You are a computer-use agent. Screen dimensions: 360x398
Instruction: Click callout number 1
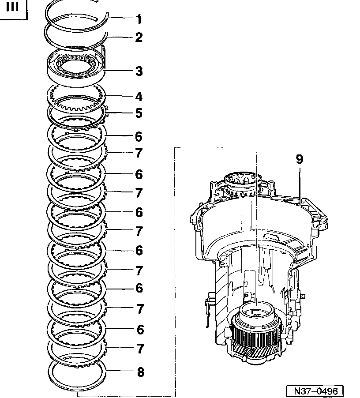coord(139,19)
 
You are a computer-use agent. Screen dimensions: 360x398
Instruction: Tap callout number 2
coord(139,38)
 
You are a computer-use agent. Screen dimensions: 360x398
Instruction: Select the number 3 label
coord(139,71)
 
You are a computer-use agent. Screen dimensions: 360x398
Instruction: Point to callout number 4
coord(139,96)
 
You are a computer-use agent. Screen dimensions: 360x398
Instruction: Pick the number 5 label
coord(139,113)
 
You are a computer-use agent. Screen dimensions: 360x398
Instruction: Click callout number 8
coord(140,372)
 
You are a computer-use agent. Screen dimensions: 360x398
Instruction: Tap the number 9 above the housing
coord(300,159)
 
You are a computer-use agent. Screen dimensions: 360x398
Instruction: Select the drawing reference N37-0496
coord(315,391)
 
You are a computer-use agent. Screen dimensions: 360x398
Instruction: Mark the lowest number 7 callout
coord(140,349)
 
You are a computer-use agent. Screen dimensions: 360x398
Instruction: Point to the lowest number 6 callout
coord(140,329)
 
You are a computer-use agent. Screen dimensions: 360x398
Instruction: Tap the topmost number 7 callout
coord(139,153)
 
